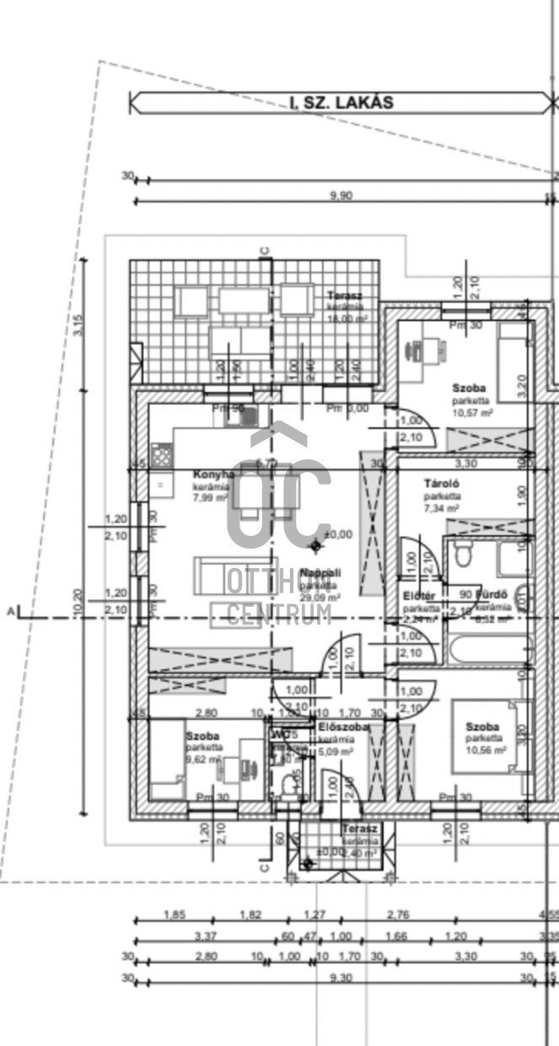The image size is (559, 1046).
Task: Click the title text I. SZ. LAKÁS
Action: [341, 103]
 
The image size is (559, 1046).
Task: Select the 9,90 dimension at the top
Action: [341, 195]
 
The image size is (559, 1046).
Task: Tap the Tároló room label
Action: [441, 485]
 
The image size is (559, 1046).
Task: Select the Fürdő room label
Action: [492, 593]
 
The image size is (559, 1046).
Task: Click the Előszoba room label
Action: [344, 727]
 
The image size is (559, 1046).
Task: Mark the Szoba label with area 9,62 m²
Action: [202, 736]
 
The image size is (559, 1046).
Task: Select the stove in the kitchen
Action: [161, 455]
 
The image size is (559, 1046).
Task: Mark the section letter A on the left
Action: [11, 611]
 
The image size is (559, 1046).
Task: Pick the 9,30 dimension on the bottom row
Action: [341, 977]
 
